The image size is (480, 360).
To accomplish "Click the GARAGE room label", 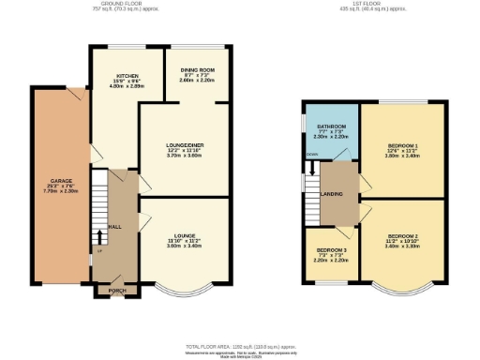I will [x=47, y=180].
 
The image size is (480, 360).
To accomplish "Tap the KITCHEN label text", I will [x=127, y=75].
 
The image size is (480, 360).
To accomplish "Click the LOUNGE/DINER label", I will [x=184, y=144].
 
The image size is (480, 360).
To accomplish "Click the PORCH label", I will [x=117, y=290].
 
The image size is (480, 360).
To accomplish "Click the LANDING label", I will [x=331, y=195].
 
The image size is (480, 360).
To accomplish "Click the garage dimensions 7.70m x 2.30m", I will [x=47, y=190].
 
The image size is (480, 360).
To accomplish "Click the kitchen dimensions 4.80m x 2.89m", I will [x=127, y=86].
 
